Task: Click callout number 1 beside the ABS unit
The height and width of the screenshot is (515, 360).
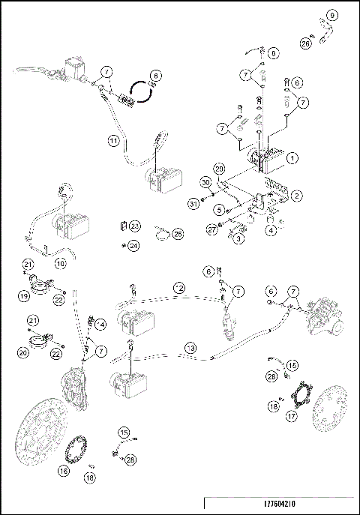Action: click(293, 158)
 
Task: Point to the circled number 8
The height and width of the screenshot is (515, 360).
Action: click(272, 53)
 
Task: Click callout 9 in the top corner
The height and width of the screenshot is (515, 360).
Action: click(333, 14)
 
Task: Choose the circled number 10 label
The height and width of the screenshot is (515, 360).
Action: click(61, 264)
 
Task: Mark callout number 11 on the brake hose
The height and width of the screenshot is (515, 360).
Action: click(113, 140)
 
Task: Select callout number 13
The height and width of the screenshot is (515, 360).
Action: click(190, 348)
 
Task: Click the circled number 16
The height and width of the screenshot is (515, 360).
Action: click(64, 471)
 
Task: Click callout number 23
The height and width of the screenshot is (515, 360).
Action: click(134, 226)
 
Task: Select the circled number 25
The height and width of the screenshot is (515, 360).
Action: click(178, 234)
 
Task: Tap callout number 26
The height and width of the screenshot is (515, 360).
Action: click(305, 43)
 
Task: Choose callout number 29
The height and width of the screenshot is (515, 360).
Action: click(220, 169)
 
